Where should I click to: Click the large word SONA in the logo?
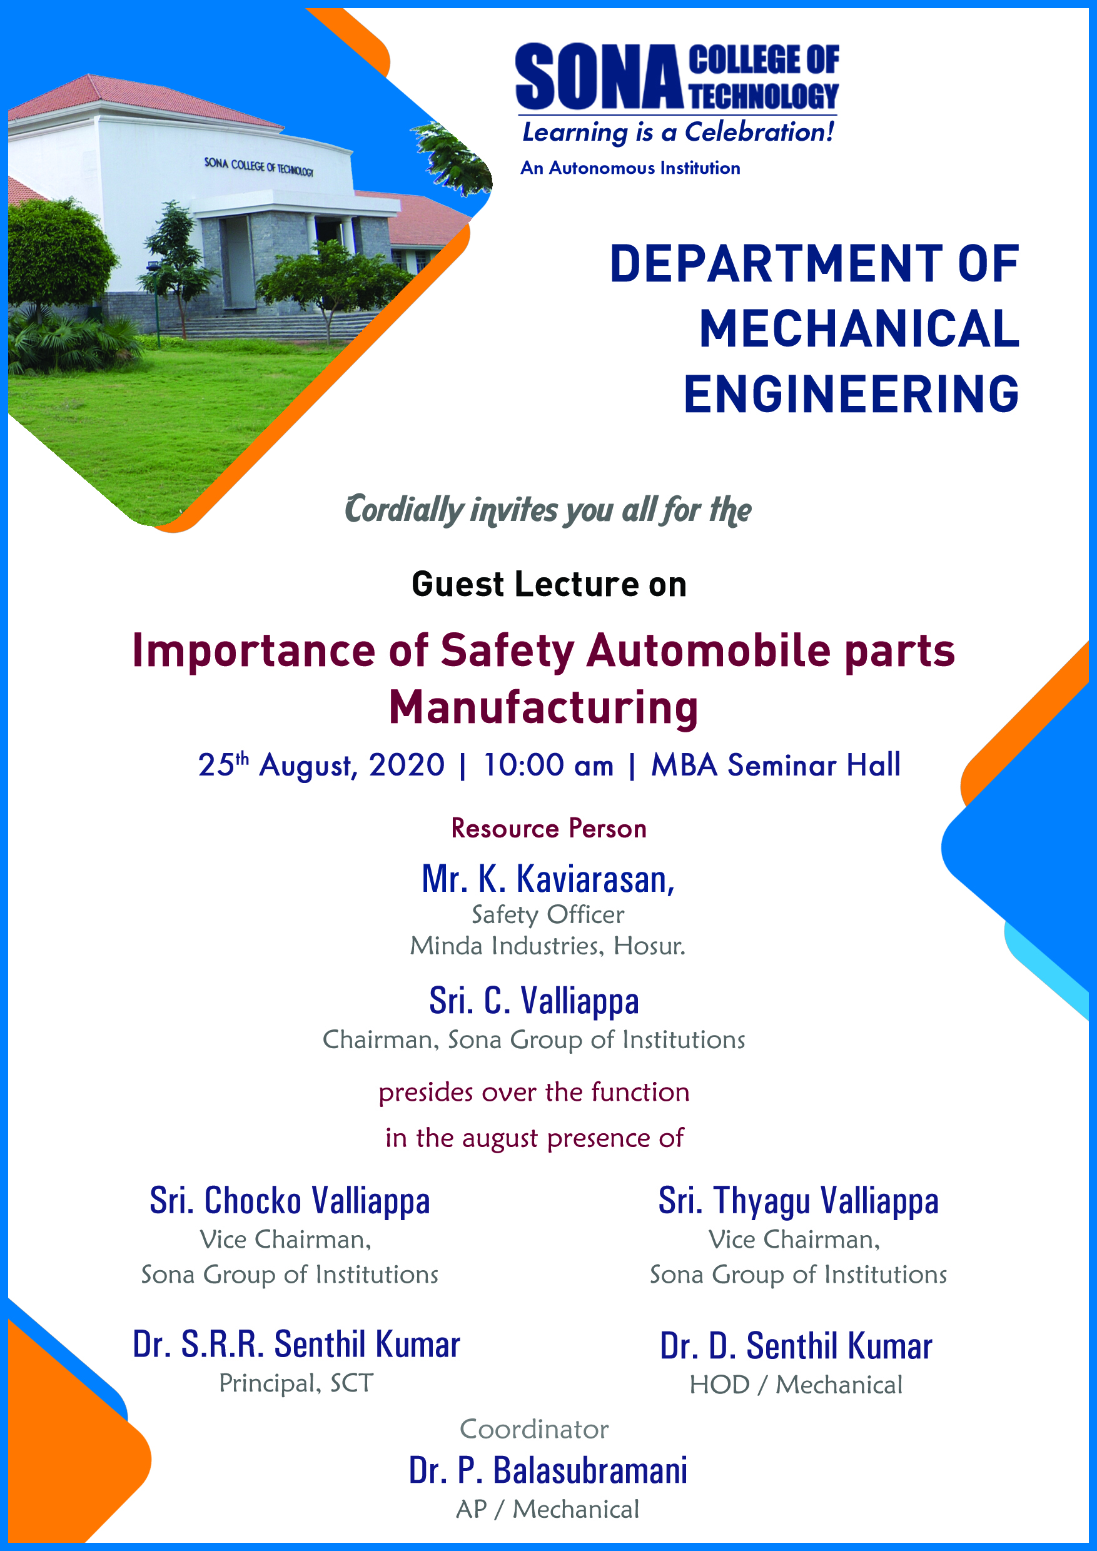(599, 76)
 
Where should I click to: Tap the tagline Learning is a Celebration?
(678, 132)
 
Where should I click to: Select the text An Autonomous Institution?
(630, 168)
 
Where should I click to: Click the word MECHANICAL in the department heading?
(859, 329)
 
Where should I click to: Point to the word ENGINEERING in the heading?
(851, 394)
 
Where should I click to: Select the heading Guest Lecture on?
(549, 584)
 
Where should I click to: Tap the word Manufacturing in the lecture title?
(543, 708)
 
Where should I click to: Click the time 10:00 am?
(548, 765)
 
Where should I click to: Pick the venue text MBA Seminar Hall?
(776, 765)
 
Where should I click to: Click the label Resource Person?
(549, 829)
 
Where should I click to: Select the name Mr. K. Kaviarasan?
(548, 879)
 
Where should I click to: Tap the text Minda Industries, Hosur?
(548, 946)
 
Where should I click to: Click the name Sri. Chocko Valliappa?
(290, 1201)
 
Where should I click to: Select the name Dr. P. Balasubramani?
(548, 1470)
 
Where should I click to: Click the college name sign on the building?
(259, 166)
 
